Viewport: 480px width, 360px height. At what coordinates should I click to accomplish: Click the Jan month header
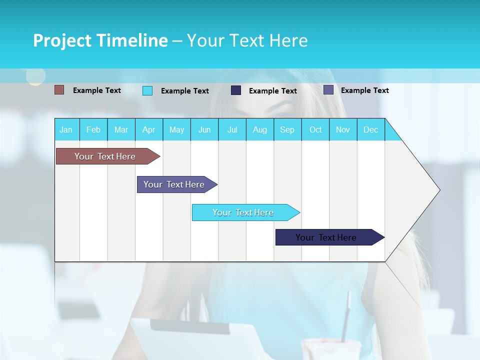click(x=66, y=129)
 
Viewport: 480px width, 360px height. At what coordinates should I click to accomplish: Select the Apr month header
click(x=148, y=129)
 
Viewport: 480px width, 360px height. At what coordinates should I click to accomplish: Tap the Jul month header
click(x=232, y=129)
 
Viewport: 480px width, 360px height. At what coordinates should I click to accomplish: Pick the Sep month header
click(x=287, y=129)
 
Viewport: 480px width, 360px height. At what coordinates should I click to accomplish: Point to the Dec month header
click(x=370, y=129)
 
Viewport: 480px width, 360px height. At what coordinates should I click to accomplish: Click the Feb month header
click(x=93, y=129)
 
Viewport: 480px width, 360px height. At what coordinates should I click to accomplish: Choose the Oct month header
click(x=315, y=129)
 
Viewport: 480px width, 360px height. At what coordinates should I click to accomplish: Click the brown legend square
click(x=59, y=90)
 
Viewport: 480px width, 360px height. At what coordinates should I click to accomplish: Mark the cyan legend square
click(x=147, y=90)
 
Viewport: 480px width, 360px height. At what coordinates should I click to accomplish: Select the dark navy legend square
click(x=236, y=90)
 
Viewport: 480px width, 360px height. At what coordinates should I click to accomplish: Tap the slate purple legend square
click(x=328, y=90)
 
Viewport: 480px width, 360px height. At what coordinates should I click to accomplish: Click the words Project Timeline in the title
click(x=100, y=40)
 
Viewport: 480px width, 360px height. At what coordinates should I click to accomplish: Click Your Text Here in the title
click(x=247, y=40)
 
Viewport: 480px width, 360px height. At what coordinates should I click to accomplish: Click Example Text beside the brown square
click(x=97, y=90)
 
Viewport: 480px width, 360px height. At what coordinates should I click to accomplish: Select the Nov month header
click(x=343, y=129)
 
